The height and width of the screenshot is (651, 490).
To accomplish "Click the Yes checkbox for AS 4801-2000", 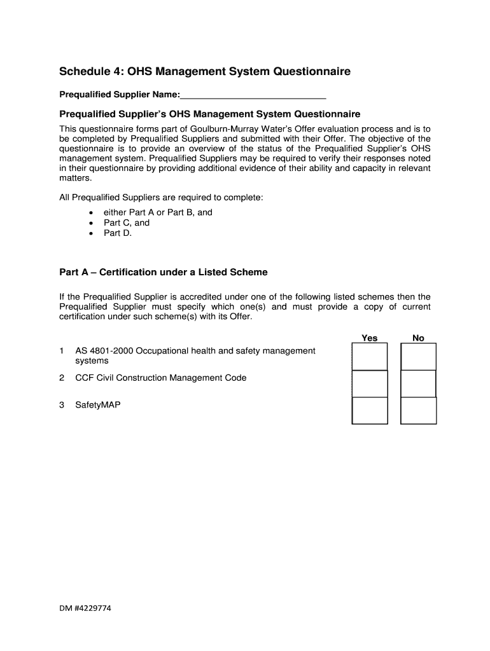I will pyautogui.click(x=370, y=357).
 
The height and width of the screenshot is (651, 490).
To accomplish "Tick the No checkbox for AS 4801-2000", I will pyautogui.click(x=418, y=357).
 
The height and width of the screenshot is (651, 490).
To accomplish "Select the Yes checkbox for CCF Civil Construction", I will pyautogui.click(x=370, y=384).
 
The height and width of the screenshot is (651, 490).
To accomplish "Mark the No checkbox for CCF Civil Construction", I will pyautogui.click(x=418, y=384).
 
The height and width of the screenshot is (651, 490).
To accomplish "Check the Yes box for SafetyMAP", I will pyautogui.click(x=370, y=411).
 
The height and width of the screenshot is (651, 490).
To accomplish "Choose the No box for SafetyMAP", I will pyautogui.click(x=418, y=411).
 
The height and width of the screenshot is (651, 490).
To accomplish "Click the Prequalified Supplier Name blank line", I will pyautogui.click(x=253, y=95).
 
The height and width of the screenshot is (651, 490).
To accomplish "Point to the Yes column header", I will pyautogui.click(x=370, y=338).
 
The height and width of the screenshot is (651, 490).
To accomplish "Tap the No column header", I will pyautogui.click(x=418, y=338).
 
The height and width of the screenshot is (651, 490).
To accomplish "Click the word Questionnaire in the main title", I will pyautogui.click(x=312, y=72).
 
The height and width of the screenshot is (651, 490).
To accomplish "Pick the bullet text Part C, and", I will pyautogui.click(x=127, y=223).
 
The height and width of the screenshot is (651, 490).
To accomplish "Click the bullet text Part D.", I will pyautogui.click(x=118, y=233).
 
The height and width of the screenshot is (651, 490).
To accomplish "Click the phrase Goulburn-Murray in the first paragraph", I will pyautogui.click(x=236, y=128).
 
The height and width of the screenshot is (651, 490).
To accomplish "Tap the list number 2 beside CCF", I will pyautogui.click(x=62, y=378).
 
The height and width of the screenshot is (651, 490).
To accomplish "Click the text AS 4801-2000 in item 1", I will pyautogui.click(x=104, y=351).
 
